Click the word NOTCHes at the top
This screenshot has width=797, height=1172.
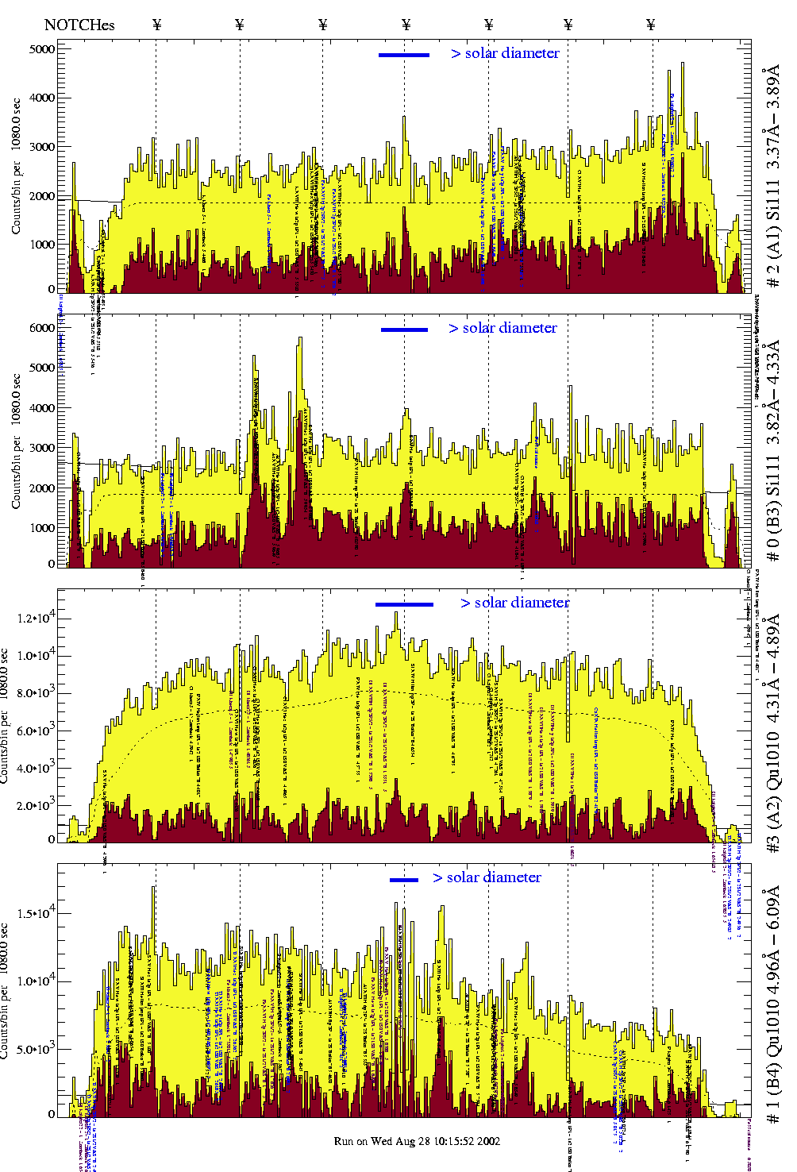(79, 25)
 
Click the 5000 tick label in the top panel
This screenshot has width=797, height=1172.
(42, 49)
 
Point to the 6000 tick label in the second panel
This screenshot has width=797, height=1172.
(42, 328)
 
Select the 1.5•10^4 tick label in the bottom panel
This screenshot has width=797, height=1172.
(37, 913)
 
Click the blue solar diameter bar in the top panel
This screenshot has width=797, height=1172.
(404, 55)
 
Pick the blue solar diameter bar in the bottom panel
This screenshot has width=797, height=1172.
(404, 879)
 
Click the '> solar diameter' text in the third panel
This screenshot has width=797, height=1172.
(515, 603)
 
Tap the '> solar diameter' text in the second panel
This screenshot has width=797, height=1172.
(502, 328)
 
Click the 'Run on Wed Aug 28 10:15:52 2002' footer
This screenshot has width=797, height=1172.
(417, 1141)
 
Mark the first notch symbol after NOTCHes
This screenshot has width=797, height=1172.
(156, 25)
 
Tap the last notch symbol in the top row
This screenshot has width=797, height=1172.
(651, 25)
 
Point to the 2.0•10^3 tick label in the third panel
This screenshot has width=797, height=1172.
(37, 805)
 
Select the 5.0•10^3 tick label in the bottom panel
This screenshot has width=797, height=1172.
(37, 1049)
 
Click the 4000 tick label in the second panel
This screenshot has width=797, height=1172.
(42, 408)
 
